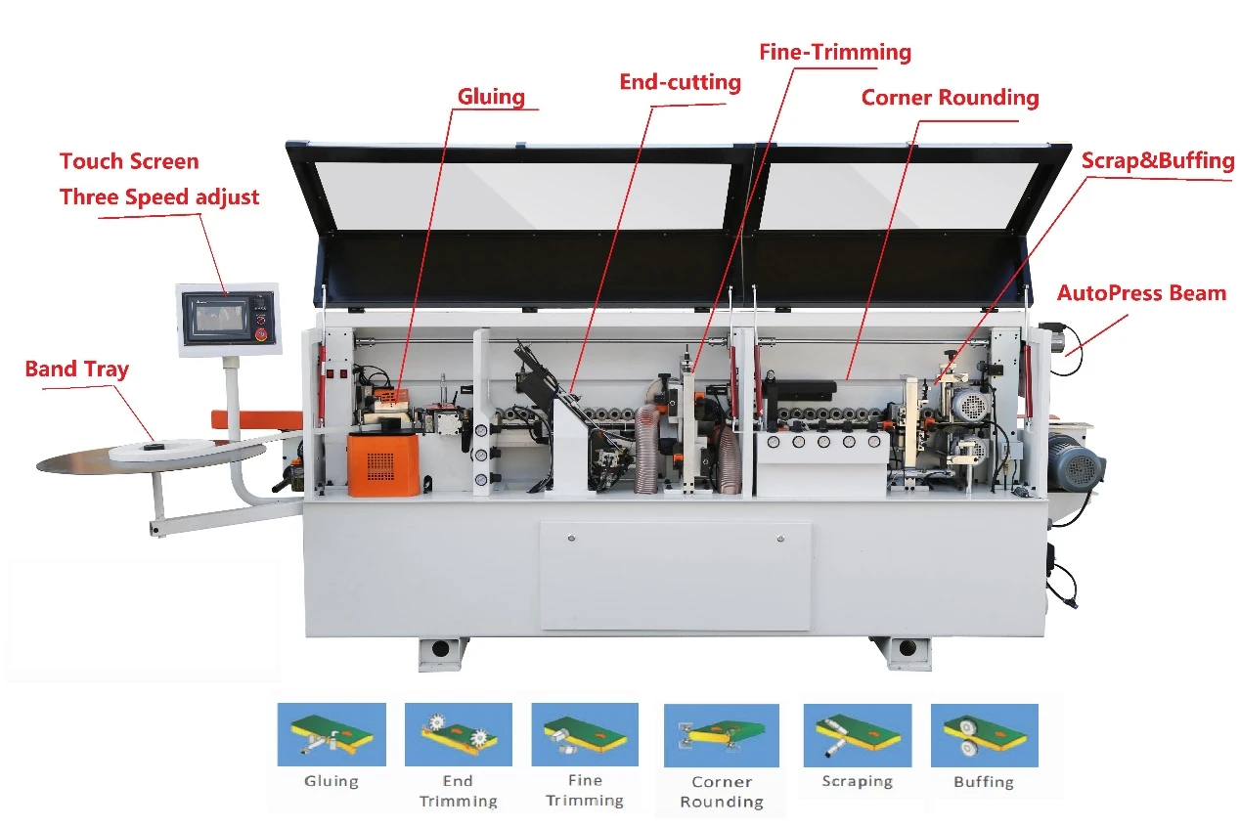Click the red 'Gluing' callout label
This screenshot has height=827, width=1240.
[x=491, y=97]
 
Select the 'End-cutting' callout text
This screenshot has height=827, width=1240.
[x=680, y=82]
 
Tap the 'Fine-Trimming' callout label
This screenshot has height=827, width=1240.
[x=835, y=53]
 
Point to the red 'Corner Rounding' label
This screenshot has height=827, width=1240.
[x=950, y=98]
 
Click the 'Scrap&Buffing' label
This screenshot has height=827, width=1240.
[x=1158, y=160]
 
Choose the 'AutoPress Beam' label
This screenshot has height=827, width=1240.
[x=1141, y=292]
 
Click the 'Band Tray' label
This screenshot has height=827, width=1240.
[x=77, y=369]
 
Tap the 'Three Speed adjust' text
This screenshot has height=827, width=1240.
[x=159, y=196]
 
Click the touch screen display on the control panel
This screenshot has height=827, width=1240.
[x=219, y=317]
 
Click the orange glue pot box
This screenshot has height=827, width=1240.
[x=383, y=464]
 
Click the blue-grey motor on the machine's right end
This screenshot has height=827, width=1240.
[x=1076, y=463]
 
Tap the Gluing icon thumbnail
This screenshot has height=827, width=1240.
[x=332, y=734]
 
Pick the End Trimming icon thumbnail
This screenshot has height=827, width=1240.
[x=459, y=734]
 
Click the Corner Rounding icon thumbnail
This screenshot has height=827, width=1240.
[x=722, y=735]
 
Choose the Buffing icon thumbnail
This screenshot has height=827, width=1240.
[x=984, y=735]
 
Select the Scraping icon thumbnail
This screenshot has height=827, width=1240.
[x=858, y=735]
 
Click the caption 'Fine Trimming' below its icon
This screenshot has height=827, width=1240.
[x=585, y=790]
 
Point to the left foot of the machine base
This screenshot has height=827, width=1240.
[x=441, y=654]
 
